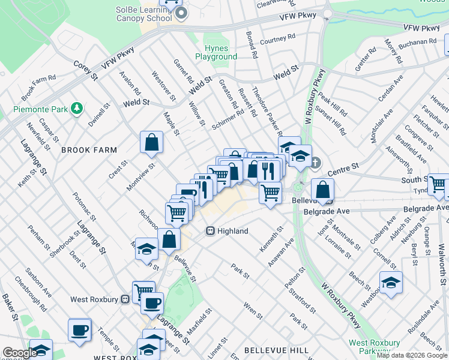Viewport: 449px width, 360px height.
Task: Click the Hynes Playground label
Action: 215,52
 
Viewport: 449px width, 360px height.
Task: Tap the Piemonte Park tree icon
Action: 76,108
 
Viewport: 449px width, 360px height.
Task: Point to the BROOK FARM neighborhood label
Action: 89,149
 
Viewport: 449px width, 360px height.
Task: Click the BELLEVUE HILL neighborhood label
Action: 277,350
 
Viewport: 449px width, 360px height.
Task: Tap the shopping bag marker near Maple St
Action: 152,143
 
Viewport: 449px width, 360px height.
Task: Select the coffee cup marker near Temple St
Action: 80,329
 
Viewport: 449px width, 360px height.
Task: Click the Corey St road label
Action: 86,70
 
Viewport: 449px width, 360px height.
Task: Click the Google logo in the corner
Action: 19,353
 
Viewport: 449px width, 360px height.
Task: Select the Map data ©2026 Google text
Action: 412,355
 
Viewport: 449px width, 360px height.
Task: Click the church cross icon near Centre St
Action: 317,163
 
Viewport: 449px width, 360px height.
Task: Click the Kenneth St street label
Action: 271,239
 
